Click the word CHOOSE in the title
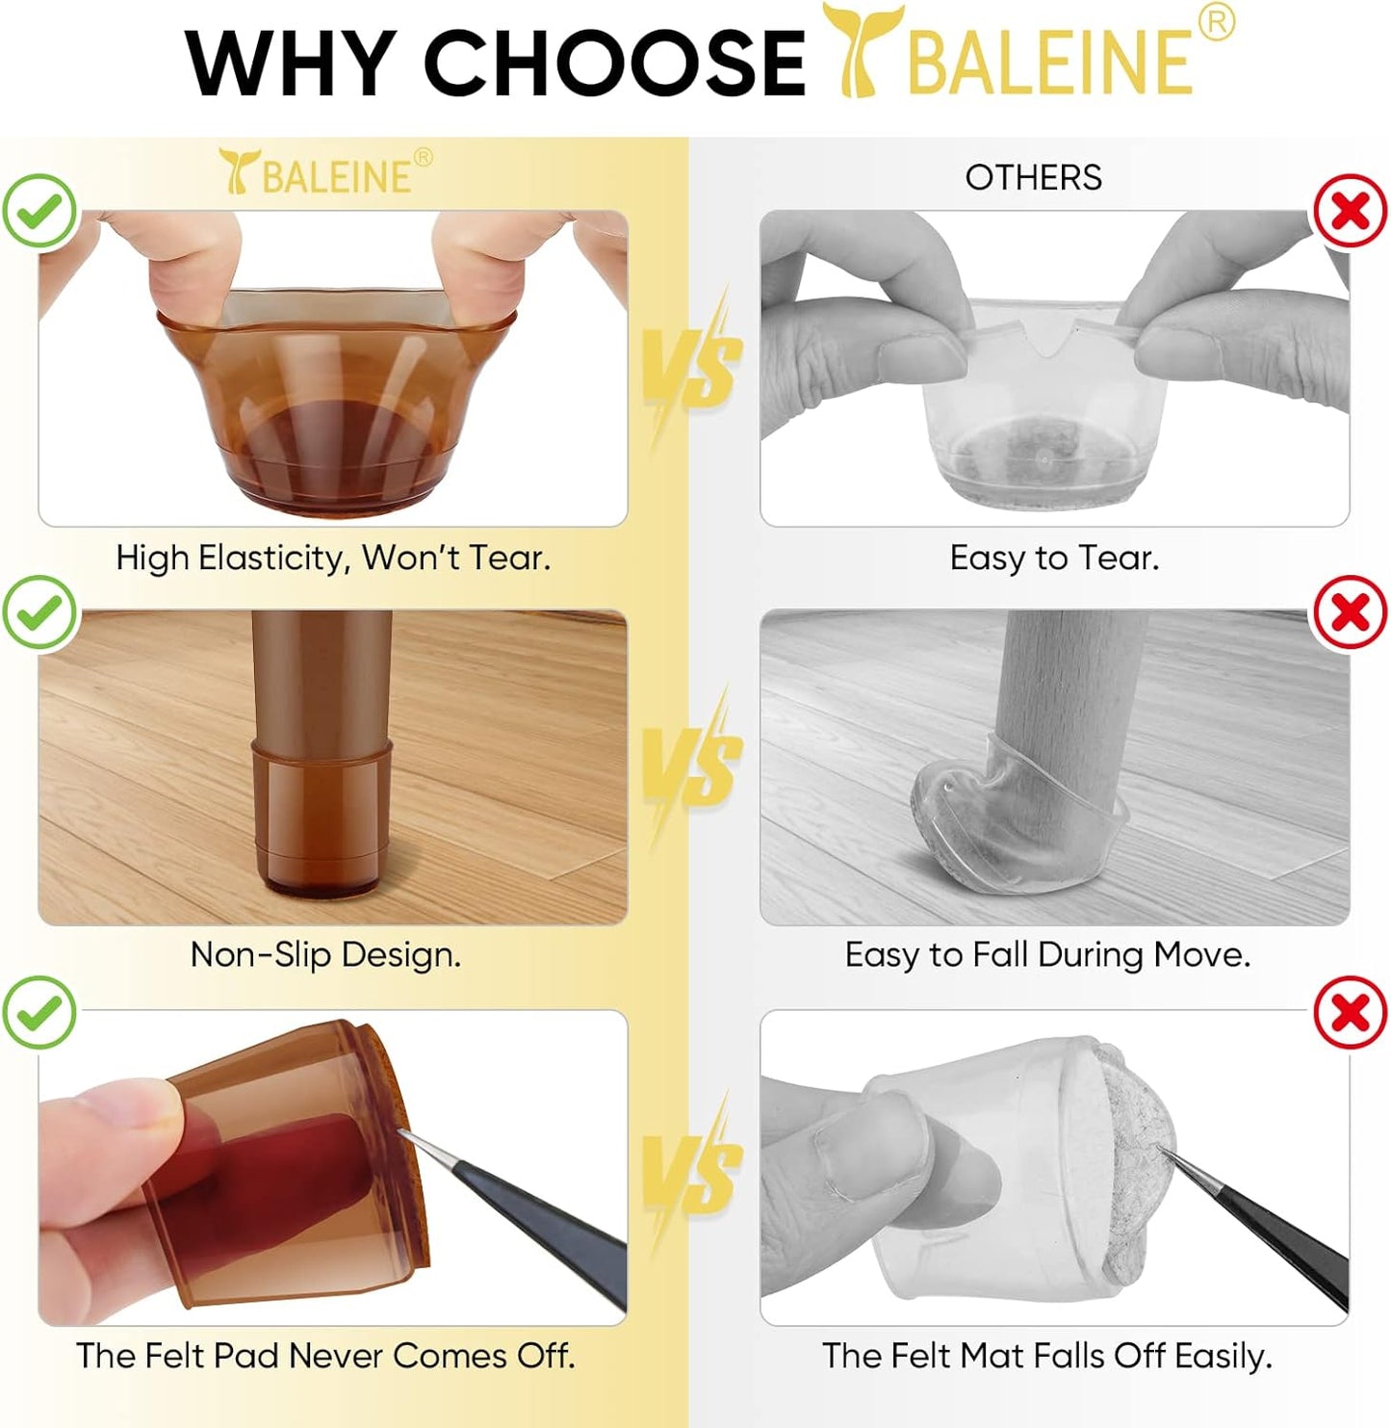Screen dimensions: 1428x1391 pos(613,64)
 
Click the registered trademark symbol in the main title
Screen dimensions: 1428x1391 pos(1217,22)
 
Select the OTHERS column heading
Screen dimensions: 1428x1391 pos(1033,177)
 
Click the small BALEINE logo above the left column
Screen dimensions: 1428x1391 pos(324,172)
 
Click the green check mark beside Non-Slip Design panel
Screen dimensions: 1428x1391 pos(39,611)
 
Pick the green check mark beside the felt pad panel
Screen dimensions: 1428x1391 pos(39,1012)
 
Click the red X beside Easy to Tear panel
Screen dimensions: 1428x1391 pos(1351,211)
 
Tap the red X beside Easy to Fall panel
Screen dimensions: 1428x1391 pos(1351,611)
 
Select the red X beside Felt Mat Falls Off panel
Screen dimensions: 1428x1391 pos(1351,1012)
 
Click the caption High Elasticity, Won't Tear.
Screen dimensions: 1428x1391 pos(333,558)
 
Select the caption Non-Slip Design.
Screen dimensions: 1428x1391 pos(325,954)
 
